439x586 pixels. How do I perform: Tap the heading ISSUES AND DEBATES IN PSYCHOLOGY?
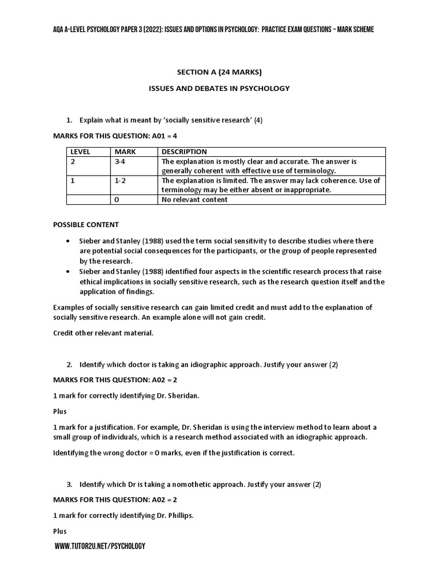pyautogui.click(x=219, y=88)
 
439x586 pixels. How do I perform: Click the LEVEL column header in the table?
pyautogui.click(x=80, y=152)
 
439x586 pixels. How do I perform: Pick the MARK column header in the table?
pyautogui.click(x=125, y=152)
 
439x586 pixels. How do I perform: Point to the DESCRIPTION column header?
pyautogui.click(x=184, y=152)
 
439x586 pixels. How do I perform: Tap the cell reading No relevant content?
pyautogui.click(x=194, y=200)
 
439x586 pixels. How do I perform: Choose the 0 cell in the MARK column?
pyautogui.click(x=117, y=200)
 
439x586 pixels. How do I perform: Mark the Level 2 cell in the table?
pyautogui.click(x=73, y=162)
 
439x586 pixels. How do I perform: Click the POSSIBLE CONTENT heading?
pyautogui.click(x=86, y=225)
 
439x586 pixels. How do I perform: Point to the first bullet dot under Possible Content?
pyautogui.click(x=69, y=241)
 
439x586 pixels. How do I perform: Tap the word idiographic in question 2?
pyautogui.click(x=186, y=365)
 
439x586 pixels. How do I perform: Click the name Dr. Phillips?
pyautogui.click(x=174, y=515)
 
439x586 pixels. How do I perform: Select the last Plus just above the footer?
pyautogui.click(x=60, y=531)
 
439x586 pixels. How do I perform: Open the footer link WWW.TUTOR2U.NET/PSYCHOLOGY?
pyautogui.click(x=100, y=547)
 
